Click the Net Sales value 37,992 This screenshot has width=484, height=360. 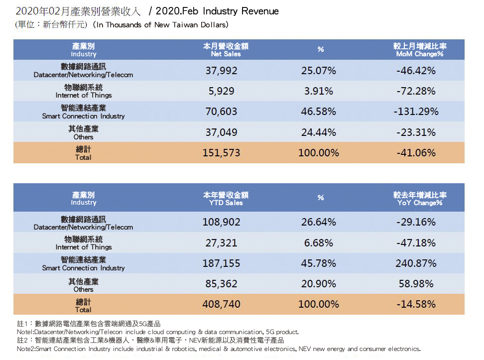pos(221,71)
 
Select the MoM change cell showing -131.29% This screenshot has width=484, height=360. pos(416,112)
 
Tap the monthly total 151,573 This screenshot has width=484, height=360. pos(221,153)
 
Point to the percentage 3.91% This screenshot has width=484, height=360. pos(319,91)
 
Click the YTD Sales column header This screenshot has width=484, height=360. pos(226,199)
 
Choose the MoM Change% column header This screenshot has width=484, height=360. pos(419,50)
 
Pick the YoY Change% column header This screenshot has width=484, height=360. pos(419,199)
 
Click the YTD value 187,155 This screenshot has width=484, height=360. pos(221,263)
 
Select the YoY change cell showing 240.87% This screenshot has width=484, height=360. pos(416,263)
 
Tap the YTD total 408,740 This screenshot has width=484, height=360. pos(221,304)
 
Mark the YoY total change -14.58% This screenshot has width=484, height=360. pos(416,304)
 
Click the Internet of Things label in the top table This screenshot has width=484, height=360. pos(84,91)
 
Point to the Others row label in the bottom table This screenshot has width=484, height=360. pos(84,285)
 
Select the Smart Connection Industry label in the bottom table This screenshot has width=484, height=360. pos(84,264)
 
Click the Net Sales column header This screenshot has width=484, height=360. pos(226,50)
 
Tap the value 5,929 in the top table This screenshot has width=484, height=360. pos(221,91)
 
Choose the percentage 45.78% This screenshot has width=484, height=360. pos(319,263)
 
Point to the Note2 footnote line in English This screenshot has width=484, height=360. pos(218,349)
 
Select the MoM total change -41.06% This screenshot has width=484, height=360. pos(416,153)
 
